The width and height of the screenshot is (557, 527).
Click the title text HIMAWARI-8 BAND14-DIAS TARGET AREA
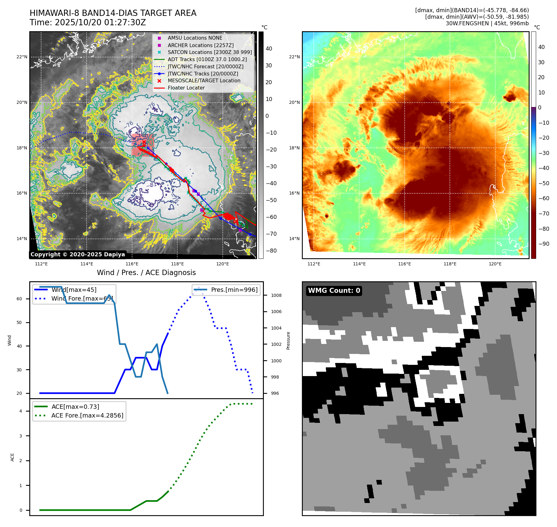tap(113, 13)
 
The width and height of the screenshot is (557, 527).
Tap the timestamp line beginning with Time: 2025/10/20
tap(88, 22)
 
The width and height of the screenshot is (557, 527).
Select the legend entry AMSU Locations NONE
tap(195, 38)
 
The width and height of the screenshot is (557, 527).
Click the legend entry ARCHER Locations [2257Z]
tap(201, 45)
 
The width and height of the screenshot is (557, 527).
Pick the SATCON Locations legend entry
tap(210, 52)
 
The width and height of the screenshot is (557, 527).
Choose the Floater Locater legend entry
tap(186, 88)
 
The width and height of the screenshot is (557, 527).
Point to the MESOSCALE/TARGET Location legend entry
tap(204, 80)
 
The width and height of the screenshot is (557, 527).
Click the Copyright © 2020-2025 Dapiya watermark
tap(78, 254)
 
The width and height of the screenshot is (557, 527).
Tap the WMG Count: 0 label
tap(334, 291)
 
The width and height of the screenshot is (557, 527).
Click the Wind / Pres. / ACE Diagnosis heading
tap(146, 273)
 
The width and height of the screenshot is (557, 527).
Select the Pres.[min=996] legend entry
tap(234, 290)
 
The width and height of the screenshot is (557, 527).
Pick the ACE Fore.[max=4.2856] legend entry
tap(87, 415)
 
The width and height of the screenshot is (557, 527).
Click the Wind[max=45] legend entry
tap(74, 290)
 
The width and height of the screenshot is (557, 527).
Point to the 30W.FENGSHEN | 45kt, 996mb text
tap(487, 23)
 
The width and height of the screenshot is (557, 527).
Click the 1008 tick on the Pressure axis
tap(276, 295)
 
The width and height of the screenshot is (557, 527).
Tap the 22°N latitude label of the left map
tap(22, 57)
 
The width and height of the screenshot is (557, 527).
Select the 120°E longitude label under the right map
tap(495, 264)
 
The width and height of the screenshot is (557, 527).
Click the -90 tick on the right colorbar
tap(544, 244)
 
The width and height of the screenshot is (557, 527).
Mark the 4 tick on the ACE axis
tap(21, 411)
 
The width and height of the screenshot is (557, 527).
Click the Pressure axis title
tap(288, 341)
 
